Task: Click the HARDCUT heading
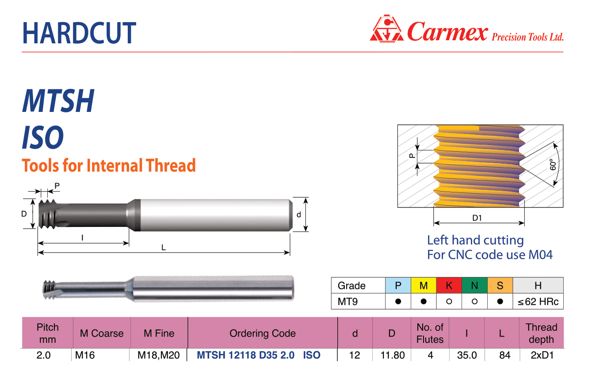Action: tap(79, 33)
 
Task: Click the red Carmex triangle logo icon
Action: tap(387, 29)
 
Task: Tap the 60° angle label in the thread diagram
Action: tap(553, 165)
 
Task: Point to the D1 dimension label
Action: tap(477, 218)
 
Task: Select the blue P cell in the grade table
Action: tap(398, 285)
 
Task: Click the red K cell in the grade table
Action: tap(449, 285)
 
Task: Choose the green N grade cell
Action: tap(474, 285)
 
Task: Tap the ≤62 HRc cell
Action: tap(538, 301)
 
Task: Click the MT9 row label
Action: tap(348, 301)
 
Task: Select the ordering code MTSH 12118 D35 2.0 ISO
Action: tap(259, 355)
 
